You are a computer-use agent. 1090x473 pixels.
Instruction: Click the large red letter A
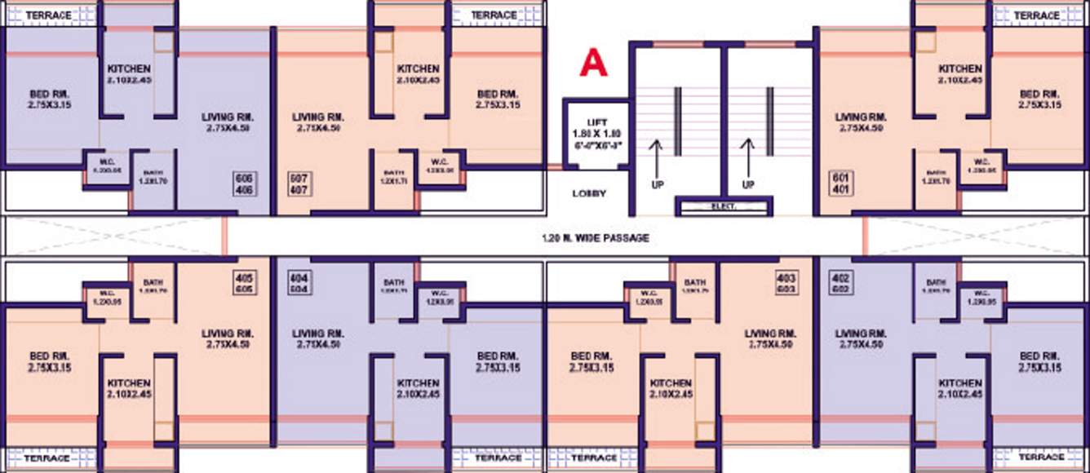click(x=593, y=63)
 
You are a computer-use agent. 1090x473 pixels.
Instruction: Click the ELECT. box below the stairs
click(x=724, y=207)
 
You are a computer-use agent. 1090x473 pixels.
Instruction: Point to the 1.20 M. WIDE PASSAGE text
click(x=596, y=238)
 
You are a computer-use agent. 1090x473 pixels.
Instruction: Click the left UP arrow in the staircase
click(x=654, y=158)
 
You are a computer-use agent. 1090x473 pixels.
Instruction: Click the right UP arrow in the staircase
click(x=747, y=158)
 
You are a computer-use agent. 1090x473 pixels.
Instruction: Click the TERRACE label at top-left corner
click(x=48, y=15)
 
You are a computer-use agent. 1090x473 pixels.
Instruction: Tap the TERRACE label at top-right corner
click(x=1037, y=15)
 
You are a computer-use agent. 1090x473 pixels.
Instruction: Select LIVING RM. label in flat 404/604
click(x=318, y=338)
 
